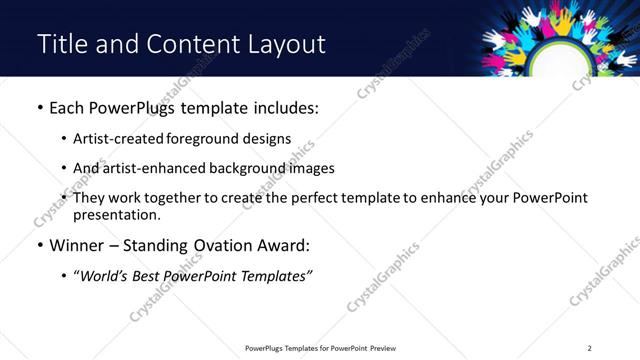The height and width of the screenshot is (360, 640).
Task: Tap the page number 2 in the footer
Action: (x=589, y=347)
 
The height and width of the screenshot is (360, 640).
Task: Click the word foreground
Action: (x=208, y=139)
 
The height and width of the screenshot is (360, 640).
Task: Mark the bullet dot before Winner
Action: (x=39, y=244)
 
